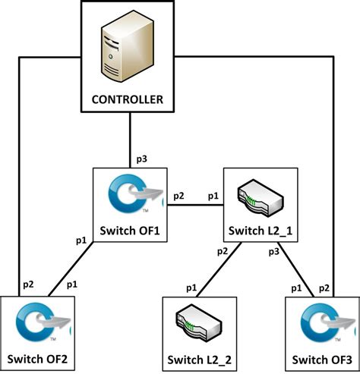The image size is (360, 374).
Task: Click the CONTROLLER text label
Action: point(128,99)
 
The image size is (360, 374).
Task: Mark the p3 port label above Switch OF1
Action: point(141,159)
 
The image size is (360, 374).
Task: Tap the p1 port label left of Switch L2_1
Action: point(213,196)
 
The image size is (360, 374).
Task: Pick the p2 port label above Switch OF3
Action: point(323,288)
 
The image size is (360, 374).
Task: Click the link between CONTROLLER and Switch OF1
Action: point(131,140)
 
